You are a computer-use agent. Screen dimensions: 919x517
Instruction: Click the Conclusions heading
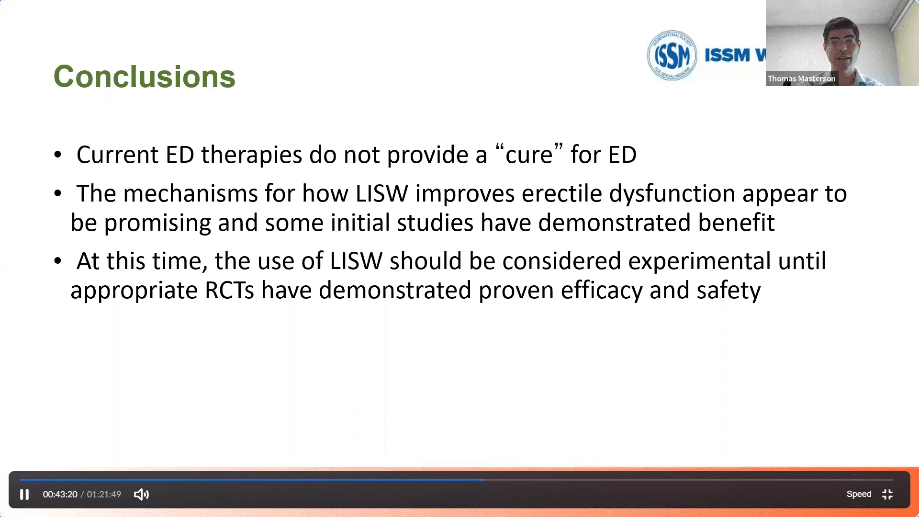pos(144,77)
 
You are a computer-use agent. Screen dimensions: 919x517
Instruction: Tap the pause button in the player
pos(24,494)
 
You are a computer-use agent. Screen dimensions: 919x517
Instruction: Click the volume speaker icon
pos(141,494)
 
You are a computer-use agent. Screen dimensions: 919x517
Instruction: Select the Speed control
pos(859,494)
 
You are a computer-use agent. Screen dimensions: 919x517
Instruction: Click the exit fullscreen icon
pos(887,494)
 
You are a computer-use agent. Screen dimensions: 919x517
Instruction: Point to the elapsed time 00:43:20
pos(60,494)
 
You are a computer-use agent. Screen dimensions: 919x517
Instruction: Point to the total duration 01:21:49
pos(104,494)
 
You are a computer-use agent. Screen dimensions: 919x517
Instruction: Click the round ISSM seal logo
pos(672,56)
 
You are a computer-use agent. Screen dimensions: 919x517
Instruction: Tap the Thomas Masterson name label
pos(802,79)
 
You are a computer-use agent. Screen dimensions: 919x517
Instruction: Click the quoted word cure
pos(529,154)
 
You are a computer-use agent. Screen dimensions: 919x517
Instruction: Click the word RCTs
pos(229,290)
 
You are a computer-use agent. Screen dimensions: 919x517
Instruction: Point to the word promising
pos(157,223)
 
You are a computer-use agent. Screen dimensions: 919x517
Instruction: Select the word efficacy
pos(602,290)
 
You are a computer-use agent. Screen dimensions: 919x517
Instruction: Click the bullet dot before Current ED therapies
pos(58,155)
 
